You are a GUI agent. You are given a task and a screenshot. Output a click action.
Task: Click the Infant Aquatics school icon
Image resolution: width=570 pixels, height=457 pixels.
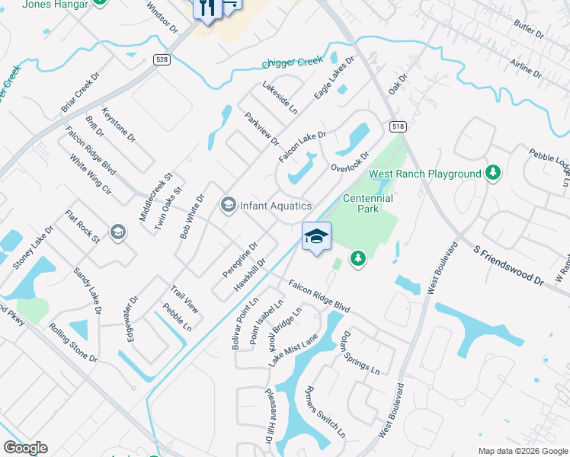point(227,206)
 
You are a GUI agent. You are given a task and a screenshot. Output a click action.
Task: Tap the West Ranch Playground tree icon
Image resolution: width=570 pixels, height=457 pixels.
point(493,174)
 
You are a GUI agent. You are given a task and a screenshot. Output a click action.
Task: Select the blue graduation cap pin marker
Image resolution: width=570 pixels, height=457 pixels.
point(317,237)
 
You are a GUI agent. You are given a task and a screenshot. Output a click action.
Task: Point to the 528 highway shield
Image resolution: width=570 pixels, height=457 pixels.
point(160,60)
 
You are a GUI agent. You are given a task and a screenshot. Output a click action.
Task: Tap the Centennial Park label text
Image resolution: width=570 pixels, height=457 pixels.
point(367,203)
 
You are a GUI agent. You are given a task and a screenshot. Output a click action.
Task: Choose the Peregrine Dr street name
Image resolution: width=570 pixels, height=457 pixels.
point(240,260)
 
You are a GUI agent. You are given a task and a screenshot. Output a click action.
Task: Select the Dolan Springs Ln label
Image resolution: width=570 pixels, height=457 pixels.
point(360,352)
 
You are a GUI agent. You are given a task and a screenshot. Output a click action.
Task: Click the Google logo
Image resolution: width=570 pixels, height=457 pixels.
point(25,448)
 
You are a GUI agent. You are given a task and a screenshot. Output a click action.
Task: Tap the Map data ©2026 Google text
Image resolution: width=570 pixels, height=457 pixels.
point(522,451)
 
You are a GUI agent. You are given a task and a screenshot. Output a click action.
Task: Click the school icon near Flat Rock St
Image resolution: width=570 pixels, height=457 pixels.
point(117,232)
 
